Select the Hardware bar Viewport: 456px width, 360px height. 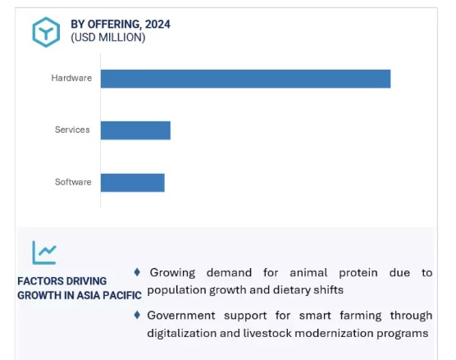tap(246, 79)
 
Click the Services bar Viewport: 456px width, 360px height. tap(135, 130)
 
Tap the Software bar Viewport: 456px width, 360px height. tap(133, 183)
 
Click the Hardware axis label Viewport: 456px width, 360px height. tap(71, 78)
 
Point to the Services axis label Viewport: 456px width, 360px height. tap(72, 130)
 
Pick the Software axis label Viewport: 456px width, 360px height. tap(73, 182)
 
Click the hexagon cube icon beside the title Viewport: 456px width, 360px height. tap(46, 32)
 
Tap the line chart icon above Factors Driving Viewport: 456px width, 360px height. tap(44, 253)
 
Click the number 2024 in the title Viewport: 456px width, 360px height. tap(157, 24)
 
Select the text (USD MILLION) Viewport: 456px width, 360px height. tap(108, 38)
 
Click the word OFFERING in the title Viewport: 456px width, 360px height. tap(115, 25)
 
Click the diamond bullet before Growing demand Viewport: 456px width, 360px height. tap(137, 272)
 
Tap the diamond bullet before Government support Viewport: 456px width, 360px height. tap(137, 315)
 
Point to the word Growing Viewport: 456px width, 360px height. tap(172, 273)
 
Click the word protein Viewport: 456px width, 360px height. tap(358, 273)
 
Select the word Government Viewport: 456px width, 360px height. tap(181, 316)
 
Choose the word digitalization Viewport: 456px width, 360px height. tap(181, 333)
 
